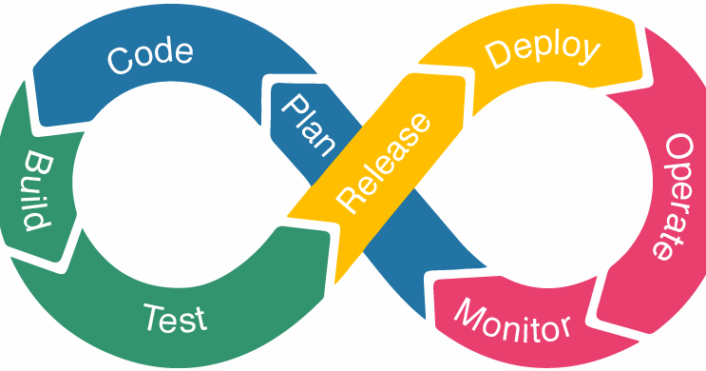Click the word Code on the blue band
coord(151,56)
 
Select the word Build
coord(35,190)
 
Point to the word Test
coord(175,317)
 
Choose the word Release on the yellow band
coord(384,163)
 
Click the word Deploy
coord(544,51)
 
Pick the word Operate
coord(669,195)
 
